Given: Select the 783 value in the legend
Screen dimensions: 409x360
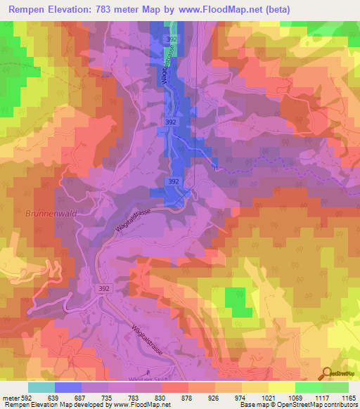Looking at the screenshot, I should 128,398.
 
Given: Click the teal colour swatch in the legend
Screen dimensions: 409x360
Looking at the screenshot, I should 42,387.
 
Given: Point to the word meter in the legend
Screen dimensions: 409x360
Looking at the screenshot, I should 11,398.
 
